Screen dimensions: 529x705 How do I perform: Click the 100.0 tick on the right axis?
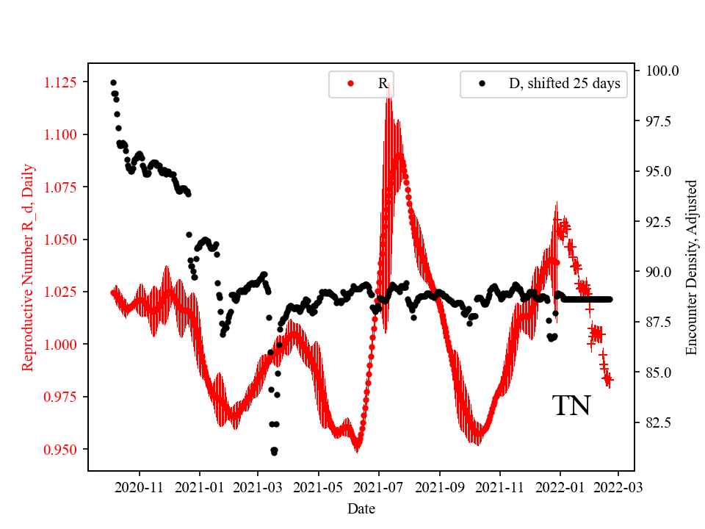click(662, 71)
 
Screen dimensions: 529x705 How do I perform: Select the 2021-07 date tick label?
click(380, 486)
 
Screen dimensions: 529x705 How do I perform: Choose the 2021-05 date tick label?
click(319, 486)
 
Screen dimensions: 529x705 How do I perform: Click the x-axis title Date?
click(361, 508)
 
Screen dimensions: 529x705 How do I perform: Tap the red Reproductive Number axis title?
click(28, 267)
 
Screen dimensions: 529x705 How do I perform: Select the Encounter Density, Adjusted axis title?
click(691, 267)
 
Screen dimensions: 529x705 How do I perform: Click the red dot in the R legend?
click(350, 84)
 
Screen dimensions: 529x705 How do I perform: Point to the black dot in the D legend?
click(482, 84)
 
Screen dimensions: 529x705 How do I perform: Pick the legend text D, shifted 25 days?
click(564, 84)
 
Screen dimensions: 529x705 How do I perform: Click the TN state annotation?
click(571, 406)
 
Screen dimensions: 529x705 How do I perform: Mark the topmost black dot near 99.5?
click(113, 82)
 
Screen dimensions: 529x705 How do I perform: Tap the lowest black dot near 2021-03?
click(274, 451)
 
